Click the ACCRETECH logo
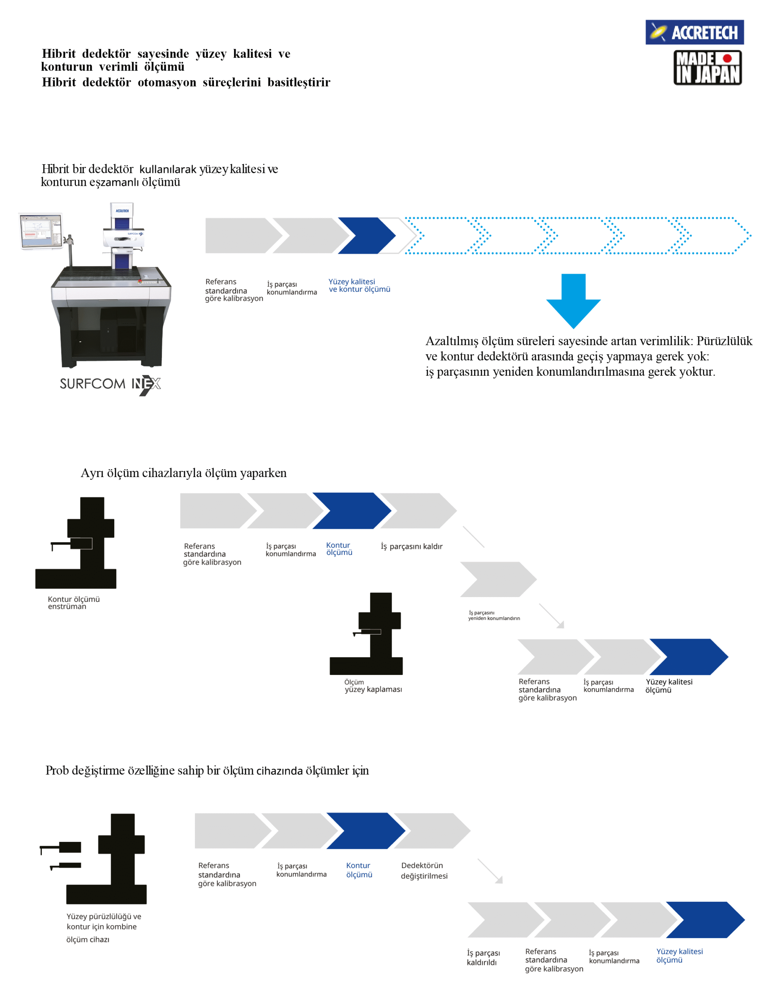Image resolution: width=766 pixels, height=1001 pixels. (694, 32)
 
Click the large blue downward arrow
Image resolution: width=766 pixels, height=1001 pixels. (573, 301)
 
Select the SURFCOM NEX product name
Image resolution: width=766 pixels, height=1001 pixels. (110, 384)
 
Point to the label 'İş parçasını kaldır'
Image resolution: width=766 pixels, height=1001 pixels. (411, 546)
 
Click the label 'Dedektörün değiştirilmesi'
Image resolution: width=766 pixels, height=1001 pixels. (424, 870)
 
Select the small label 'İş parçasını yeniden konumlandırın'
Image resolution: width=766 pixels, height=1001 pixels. (494, 615)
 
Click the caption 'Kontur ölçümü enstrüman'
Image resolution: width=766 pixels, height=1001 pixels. (74, 602)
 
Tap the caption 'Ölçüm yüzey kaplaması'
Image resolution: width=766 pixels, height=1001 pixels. (373, 686)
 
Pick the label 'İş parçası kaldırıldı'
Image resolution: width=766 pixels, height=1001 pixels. (483, 957)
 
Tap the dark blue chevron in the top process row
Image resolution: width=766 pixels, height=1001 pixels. (367, 235)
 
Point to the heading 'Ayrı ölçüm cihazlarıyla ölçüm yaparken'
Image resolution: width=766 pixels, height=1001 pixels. (183, 473)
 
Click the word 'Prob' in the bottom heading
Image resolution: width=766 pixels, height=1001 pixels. (57, 770)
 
